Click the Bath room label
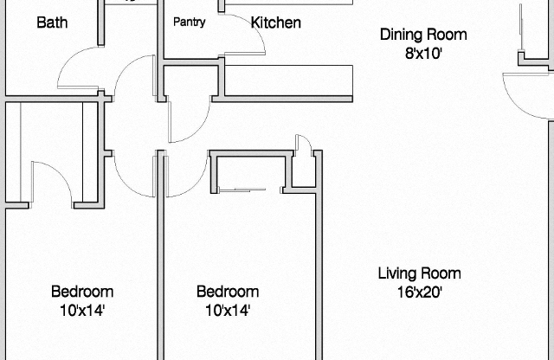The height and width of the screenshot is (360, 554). point(52,22)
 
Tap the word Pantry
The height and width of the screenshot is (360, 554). point(189,22)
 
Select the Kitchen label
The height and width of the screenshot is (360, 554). point(276,22)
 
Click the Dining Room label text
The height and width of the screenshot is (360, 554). point(423,35)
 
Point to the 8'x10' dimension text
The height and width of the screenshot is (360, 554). point(423,53)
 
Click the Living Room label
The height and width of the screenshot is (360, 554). point(419,273)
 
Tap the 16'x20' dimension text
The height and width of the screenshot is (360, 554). point(419,292)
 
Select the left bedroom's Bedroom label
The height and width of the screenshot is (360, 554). point(81,292)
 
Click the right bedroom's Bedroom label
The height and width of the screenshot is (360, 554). point(227,292)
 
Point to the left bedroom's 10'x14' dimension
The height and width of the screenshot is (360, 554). point(81,310)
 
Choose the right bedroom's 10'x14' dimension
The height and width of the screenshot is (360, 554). point(227,310)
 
